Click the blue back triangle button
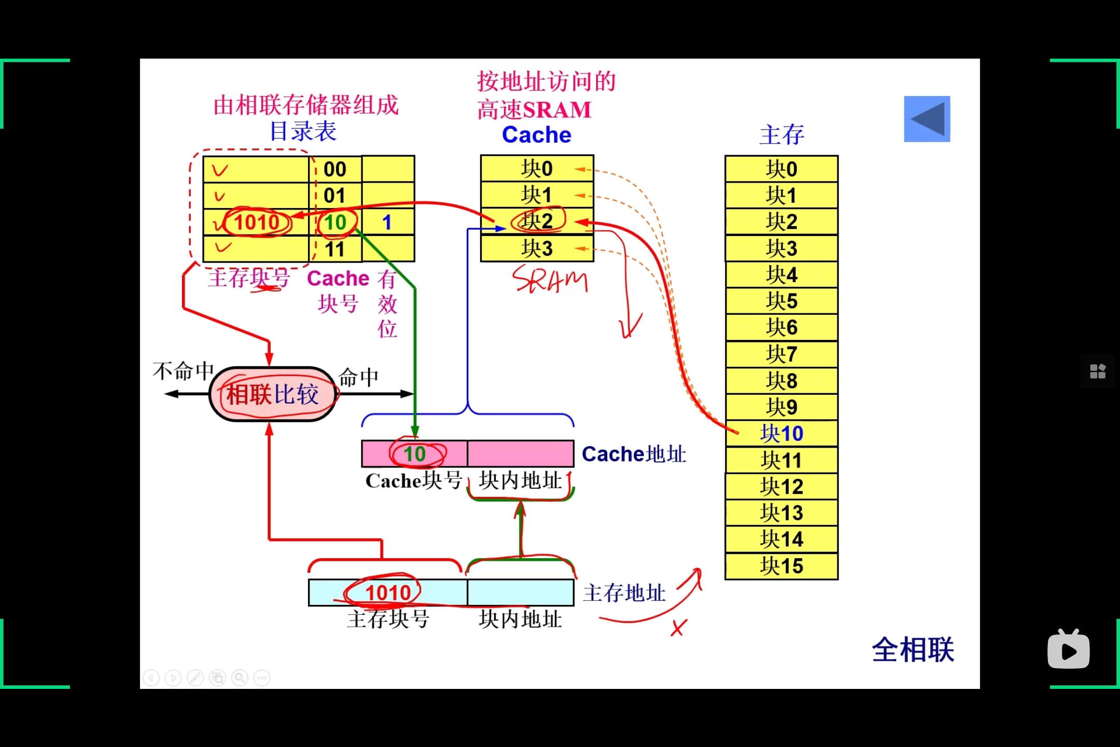(x=927, y=119)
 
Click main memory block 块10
(x=781, y=434)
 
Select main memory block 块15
(x=781, y=566)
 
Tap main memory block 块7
(x=781, y=354)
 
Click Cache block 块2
(x=537, y=222)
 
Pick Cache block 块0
(x=537, y=169)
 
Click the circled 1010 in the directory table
(x=257, y=223)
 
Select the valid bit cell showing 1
(x=387, y=223)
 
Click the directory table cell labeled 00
(x=335, y=169)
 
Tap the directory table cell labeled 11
(x=335, y=250)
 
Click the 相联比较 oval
(x=272, y=394)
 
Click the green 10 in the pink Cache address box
(x=415, y=454)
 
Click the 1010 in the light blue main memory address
(x=388, y=592)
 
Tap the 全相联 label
(x=913, y=649)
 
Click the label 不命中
(x=184, y=371)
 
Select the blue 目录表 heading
(x=303, y=131)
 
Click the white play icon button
(x=1068, y=651)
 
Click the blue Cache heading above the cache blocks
(x=537, y=135)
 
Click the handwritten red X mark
(x=678, y=628)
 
